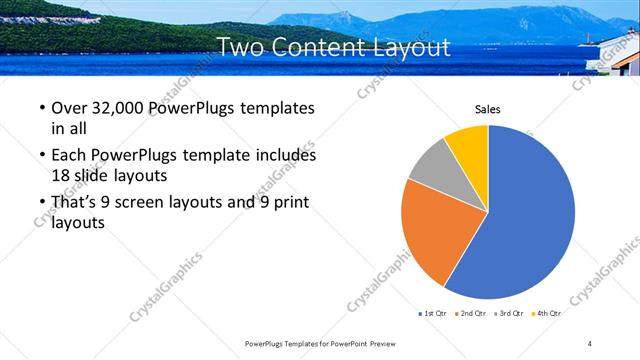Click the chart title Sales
tap(487, 109)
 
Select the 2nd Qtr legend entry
tap(473, 313)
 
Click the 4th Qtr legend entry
tap(548, 313)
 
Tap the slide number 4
tap(590, 343)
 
